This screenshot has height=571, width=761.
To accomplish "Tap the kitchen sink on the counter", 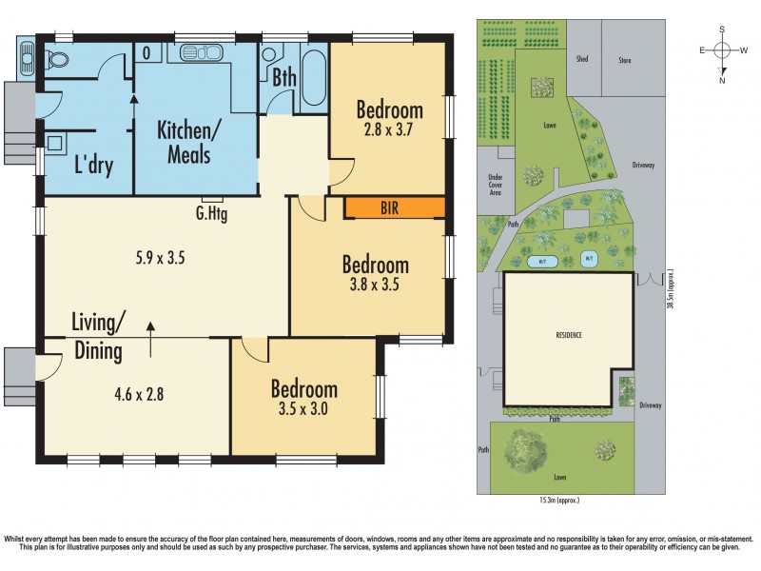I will (x=200, y=50).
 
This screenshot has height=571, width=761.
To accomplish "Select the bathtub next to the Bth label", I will (x=313, y=76).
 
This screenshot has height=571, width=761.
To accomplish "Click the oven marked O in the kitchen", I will (x=148, y=52).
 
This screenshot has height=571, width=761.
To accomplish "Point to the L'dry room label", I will (x=93, y=166).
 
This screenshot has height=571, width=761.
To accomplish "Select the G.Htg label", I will (x=211, y=214).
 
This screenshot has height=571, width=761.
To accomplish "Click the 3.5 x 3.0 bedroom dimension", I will (x=303, y=410).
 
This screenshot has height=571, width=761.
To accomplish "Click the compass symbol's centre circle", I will (x=722, y=50).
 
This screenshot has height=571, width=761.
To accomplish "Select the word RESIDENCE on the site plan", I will (x=569, y=336).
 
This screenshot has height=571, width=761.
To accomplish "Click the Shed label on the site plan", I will (x=581, y=59).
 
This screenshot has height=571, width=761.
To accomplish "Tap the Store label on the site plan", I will (x=625, y=59).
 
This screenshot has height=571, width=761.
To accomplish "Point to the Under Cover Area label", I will (x=495, y=184).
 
